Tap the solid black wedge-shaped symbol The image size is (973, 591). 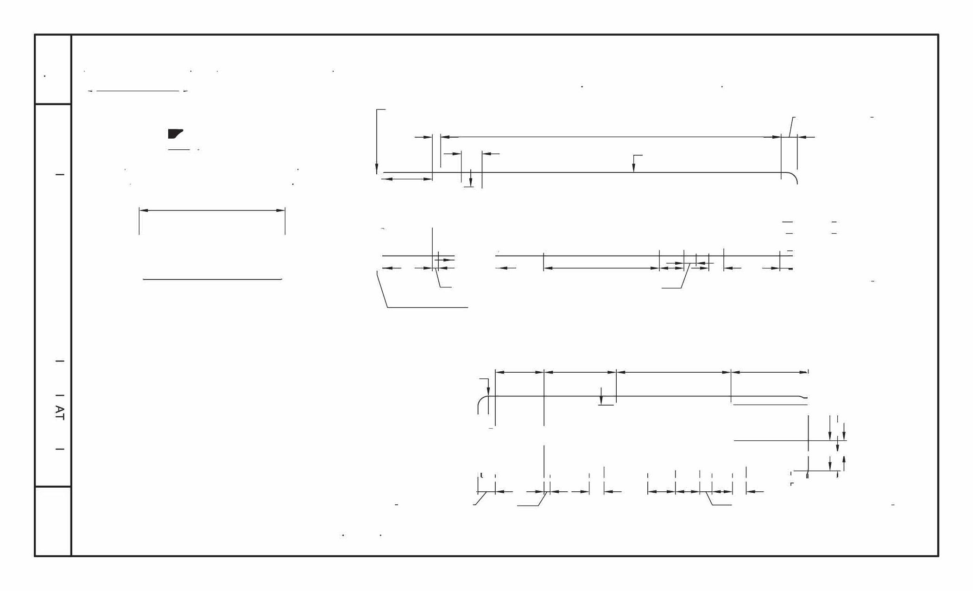click(175, 134)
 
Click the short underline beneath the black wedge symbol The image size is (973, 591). click(179, 150)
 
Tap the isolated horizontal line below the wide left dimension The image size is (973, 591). click(212, 280)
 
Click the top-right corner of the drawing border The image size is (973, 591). click(938, 35)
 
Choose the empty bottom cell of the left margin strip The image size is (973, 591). click(53, 521)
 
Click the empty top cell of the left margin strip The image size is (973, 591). click(53, 69)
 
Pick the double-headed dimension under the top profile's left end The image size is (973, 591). click(407, 179)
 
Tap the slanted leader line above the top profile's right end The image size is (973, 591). click(791, 127)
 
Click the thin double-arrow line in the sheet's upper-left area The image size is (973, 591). click(138, 91)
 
